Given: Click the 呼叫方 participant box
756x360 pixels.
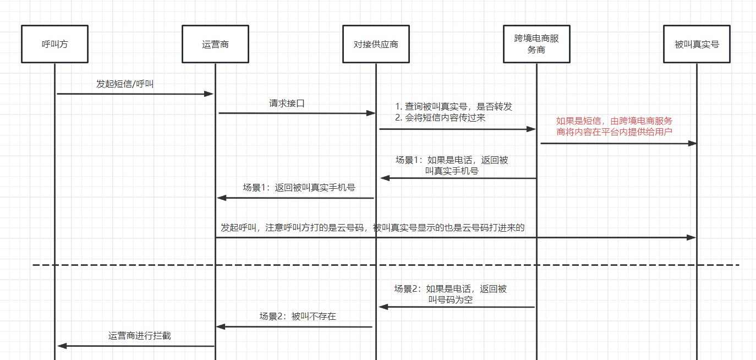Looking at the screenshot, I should point(54,44).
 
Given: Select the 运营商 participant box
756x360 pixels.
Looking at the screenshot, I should point(215,44).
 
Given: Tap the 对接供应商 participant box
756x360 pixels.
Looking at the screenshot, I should point(376,44).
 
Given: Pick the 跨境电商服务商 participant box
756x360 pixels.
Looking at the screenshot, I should point(536,44).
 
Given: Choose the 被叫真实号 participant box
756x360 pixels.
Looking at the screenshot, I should point(697,44).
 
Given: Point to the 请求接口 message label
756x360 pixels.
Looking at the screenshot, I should point(287,103).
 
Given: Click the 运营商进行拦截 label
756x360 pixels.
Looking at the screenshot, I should point(140,335).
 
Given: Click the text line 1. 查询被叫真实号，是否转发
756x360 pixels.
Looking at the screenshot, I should point(457,107).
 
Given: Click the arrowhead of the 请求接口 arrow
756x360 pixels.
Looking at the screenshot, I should point(371,113).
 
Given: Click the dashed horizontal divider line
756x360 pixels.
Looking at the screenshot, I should point(385,265).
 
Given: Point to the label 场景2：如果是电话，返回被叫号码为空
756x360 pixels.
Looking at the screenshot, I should point(451,294).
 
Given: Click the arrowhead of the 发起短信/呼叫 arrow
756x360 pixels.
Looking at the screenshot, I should point(209,94).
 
